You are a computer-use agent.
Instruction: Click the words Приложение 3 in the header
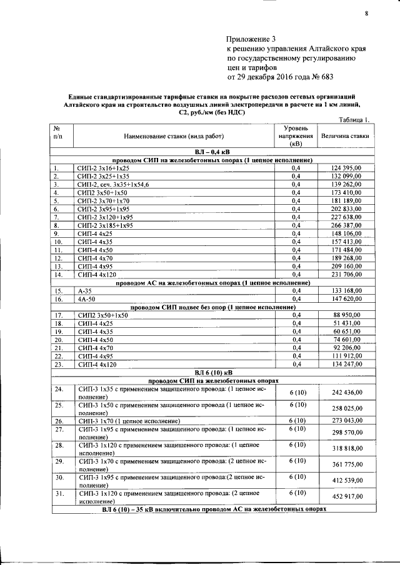point(250,39)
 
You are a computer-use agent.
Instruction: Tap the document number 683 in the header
point(326,78)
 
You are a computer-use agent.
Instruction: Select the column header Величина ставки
point(344,135)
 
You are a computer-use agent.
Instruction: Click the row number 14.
point(57,274)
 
